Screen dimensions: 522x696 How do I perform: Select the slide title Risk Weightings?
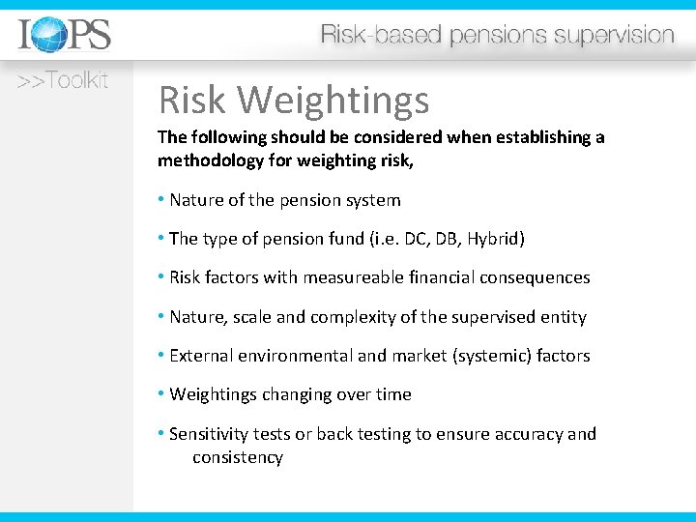pos(294,99)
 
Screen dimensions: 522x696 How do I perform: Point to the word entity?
pos(564,317)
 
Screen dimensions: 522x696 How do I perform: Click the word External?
pos(200,356)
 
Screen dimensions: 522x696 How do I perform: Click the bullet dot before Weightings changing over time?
pos(161,394)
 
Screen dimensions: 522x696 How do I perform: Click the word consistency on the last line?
pos(238,457)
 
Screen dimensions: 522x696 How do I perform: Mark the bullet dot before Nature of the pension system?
pos(161,200)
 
